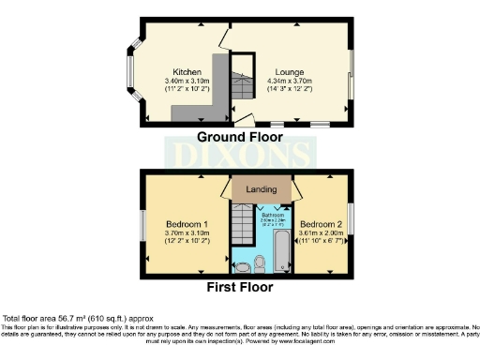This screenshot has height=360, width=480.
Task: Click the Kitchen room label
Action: [x=182, y=71]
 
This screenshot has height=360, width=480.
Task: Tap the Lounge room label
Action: [x=288, y=71]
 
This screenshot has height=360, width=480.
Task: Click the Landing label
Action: [x=261, y=190]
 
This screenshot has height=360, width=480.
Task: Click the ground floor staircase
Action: [x=242, y=79]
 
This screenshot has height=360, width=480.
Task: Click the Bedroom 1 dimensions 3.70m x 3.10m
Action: [x=185, y=235]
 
